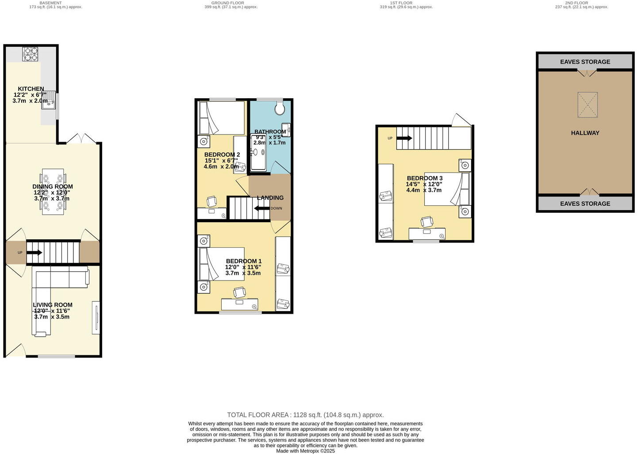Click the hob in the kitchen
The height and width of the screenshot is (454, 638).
tap(31, 54)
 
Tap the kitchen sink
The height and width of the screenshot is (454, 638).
tap(52, 100)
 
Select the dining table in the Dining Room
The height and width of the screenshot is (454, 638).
tap(53, 192)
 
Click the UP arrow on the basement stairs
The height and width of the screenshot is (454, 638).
tap(35, 253)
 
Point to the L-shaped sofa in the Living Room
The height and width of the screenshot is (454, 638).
tap(49, 292)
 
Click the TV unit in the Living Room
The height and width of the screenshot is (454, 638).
tap(96, 317)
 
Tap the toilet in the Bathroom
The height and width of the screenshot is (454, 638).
tap(280, 108)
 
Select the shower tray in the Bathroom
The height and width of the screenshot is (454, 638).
tap(258, 153)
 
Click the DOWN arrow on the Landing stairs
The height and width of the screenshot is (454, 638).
tap(262, 208)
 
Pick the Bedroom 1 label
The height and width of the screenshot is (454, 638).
tap(243, 261)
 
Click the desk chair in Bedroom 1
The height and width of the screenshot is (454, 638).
tap(239, 292)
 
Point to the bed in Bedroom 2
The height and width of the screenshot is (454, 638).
tap(222, 118)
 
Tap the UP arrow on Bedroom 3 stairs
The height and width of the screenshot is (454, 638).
tap(404, 138)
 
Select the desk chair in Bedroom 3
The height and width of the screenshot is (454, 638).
tap(427, 222)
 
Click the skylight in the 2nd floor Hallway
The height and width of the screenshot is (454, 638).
tap(587, 105)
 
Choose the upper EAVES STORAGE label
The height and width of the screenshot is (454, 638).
tap(585, 62)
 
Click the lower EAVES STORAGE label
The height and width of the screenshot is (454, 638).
tap(585, 204)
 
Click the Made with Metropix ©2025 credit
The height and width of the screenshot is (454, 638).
tap(305, 451)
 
